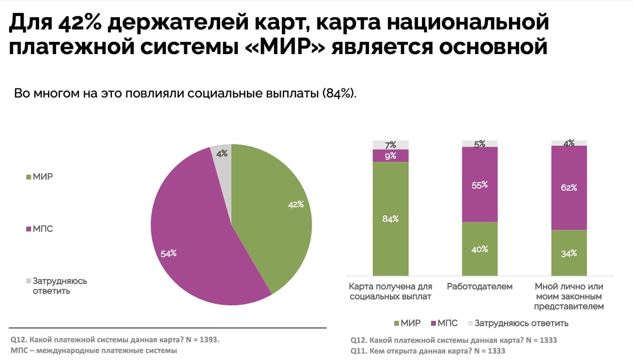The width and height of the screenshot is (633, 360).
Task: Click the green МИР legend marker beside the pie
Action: tap(28, 177)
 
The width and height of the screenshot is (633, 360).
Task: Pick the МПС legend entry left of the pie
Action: tap(40, 229)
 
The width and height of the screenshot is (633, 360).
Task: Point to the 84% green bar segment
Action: tap(390, 219)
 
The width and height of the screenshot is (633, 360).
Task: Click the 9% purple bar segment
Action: tap(390, 156)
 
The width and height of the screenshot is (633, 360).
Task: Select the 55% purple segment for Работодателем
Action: tap(480, 185)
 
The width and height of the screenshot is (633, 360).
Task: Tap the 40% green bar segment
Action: tap(480, 249)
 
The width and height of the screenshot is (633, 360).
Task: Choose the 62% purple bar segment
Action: tap(569, 187)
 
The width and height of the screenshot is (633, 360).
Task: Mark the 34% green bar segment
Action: tap(569, 253)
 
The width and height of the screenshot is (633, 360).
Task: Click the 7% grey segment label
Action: tap(390, 145)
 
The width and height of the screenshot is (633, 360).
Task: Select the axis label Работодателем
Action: tap(479, 287)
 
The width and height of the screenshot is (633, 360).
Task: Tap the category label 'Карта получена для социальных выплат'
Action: tap(390, 291)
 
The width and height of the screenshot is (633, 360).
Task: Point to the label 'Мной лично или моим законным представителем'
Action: tap(569, 296)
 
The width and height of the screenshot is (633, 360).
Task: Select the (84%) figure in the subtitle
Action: tap(339, 94)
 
